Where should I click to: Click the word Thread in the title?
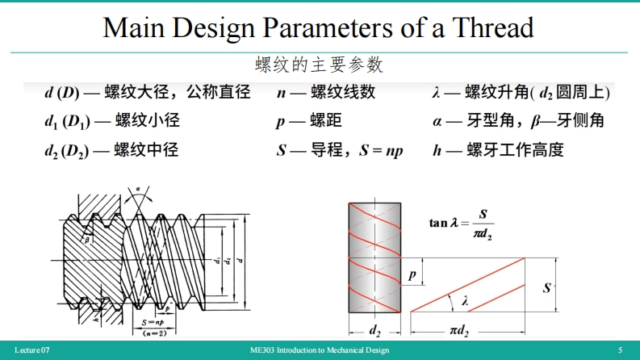493,27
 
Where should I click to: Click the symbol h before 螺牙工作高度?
437,149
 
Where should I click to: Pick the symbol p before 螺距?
280,121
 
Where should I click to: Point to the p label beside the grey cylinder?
412,275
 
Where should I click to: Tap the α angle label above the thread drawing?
138,188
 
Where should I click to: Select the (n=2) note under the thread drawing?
147,333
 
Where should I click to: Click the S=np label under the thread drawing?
147,322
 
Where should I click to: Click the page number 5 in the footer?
620,350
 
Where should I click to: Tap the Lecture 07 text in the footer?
32,350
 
